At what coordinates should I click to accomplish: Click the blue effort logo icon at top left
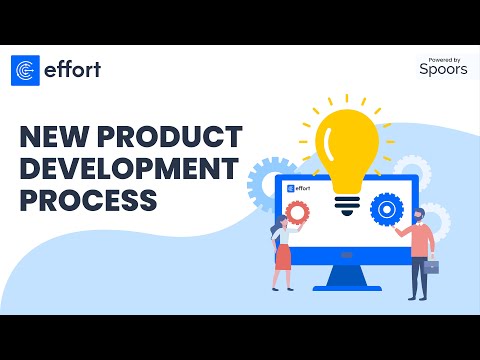click(x=25, y=70)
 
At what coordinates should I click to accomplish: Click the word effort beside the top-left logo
click(x=71, y=70)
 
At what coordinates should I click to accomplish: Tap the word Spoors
click(x=443, y=70)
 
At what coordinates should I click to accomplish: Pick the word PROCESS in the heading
click(x=88, y=199)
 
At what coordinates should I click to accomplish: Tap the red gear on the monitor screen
click(x=297, y=212)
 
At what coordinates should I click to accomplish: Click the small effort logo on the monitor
click(x=299, y=187)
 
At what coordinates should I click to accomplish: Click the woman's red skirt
click(x=282, y=256)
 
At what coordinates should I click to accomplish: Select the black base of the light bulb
click(x=347, y=203)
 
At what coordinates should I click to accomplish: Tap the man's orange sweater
click(x=421, y=241)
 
